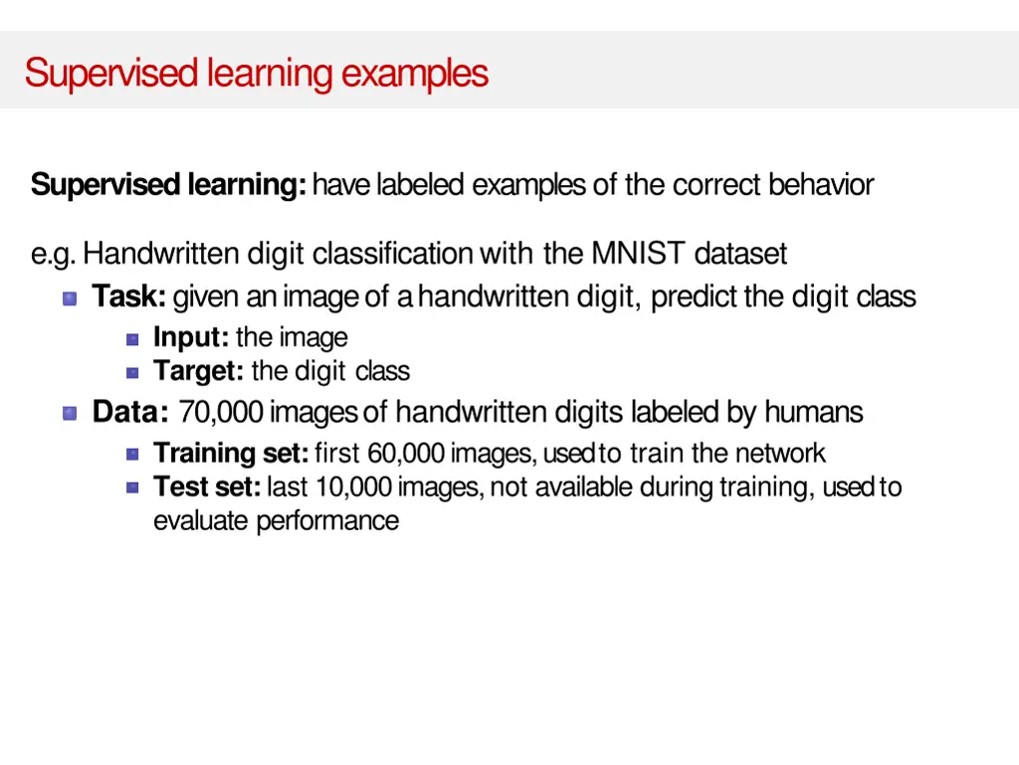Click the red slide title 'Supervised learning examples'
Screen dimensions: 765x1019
257,74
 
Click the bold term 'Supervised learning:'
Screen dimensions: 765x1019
168,185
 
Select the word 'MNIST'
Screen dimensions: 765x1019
638,255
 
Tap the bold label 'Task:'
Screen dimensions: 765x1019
129,297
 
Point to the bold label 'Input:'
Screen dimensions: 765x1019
191,338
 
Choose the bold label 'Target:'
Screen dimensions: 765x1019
198,372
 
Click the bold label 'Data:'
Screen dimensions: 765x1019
130,412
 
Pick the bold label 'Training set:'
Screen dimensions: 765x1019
231,454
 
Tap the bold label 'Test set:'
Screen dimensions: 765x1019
207,487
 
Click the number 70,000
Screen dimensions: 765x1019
221,412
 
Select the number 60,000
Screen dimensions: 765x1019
406,454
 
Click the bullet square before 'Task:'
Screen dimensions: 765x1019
70,298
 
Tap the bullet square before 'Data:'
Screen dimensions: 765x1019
70,413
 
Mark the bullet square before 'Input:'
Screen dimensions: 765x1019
132,339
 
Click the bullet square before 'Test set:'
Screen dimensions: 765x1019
132,487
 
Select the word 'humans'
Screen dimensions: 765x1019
814,412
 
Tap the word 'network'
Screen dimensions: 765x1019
780,454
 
